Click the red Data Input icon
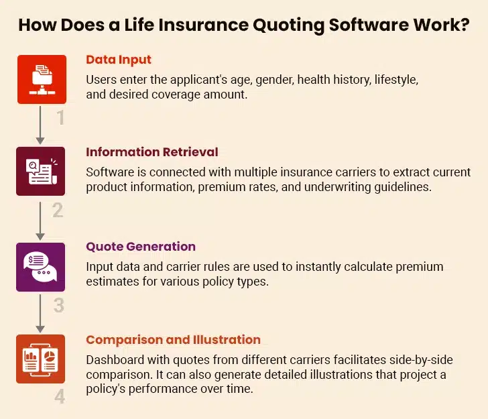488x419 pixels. [41, 79]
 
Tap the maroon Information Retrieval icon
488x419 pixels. [41, 171]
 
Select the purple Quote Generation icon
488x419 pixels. [41, 267]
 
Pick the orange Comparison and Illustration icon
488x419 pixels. [41, 359]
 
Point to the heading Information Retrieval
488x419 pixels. [151, 152]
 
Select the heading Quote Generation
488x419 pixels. [141, 246]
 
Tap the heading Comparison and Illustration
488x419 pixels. [173, 339]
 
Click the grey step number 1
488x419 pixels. [60, 118]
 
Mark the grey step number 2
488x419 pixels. [58, 211]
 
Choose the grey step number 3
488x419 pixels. [59, 305]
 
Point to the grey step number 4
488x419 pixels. [60, 397]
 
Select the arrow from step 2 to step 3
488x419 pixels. [40, 219]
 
